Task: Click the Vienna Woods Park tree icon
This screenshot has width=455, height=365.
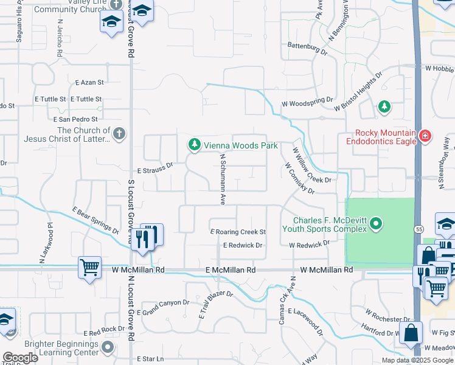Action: tap(194, 145)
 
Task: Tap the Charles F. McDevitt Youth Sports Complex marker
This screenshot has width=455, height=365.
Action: tap(376, 224)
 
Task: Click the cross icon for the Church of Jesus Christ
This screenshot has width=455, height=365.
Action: tap(119, 134)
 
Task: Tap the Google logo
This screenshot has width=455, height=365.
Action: tap(21, 358)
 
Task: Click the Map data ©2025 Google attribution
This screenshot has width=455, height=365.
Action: tap(417, 360)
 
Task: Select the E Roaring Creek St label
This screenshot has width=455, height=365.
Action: tap(238, 232)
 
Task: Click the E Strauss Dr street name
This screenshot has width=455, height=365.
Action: tap(155, 164)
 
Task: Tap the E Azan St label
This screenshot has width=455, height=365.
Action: tap(90, 82)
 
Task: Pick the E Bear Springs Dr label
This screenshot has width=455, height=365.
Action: tap(96, 221)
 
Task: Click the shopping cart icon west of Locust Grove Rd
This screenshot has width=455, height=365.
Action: tap(89, 266)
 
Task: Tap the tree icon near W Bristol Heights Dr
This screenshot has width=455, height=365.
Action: tap(384, 107)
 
